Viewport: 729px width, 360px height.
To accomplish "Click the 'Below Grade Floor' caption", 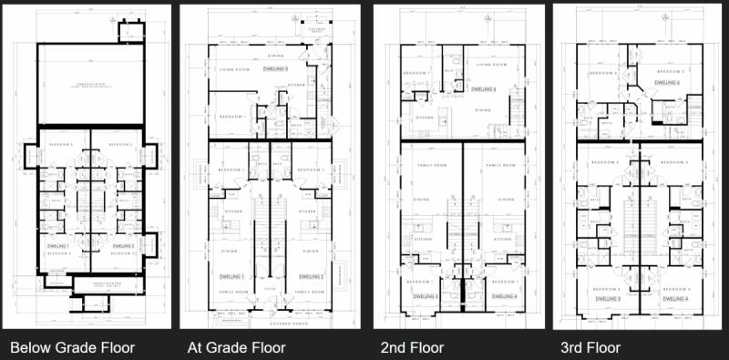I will [x=72, y=347].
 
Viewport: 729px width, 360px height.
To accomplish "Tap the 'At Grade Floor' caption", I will [x=237, y=347].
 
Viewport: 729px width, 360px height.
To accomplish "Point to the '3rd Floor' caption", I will [x=590, y=347].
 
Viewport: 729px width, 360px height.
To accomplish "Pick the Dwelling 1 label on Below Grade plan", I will [x=59, y=245].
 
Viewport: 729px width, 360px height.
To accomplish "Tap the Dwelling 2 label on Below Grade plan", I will [x=123, y=245].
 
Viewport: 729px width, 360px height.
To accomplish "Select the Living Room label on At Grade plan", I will [x=235, y=68].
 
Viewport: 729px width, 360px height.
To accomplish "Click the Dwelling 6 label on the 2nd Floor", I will [x=482, y=89].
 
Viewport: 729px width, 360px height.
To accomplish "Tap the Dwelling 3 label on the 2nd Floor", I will [x=426, y=297].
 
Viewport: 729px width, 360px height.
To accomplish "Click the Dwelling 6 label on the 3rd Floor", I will [x=672, y=81].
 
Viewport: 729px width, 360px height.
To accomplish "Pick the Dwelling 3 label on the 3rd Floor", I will [x=608, y=298].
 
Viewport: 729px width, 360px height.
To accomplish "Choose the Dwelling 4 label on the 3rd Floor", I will [x=674, y=298].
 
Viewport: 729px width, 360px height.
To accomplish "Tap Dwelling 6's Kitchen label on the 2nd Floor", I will [x=424, y=118].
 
